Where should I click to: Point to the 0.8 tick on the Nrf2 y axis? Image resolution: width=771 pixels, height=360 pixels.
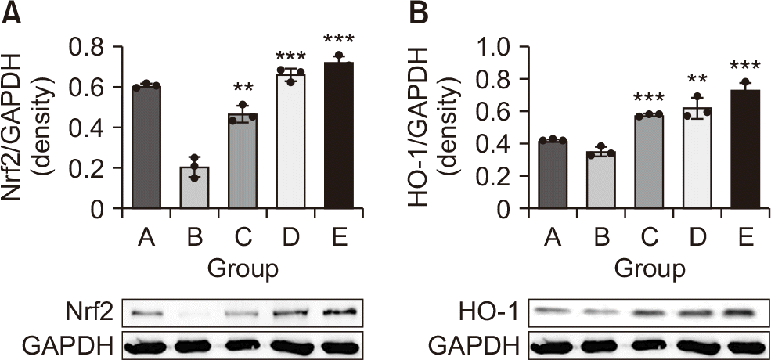[x=99, y=47]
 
